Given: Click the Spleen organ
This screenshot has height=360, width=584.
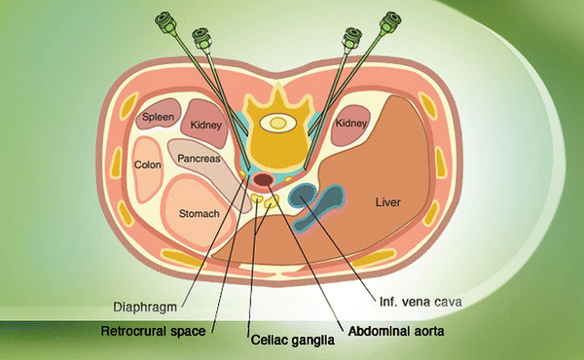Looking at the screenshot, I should pos(157,117).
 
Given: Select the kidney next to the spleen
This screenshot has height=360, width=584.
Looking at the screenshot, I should pos(206,122).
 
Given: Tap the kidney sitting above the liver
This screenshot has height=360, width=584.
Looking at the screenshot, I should pos(347,124).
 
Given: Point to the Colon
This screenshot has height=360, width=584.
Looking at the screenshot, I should pos(147,165).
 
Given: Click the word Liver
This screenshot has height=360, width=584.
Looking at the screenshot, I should pos(388,203).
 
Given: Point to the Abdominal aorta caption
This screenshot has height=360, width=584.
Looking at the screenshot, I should pos(389,329).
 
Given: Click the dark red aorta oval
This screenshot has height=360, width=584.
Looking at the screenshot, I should pos(263,181).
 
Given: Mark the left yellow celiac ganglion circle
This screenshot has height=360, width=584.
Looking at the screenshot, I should pos(256,200).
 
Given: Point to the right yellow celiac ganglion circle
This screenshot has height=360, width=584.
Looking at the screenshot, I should pos(273,201).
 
